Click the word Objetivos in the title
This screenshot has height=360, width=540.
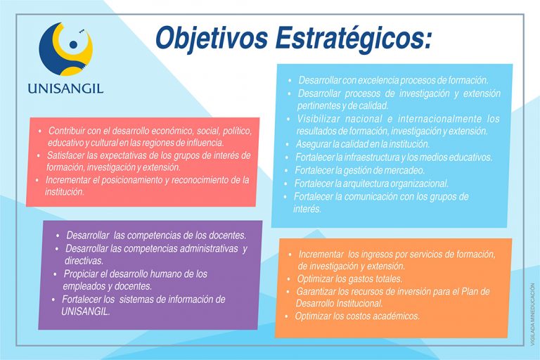[212, 39]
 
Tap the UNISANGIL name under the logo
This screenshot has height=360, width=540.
[65, 89]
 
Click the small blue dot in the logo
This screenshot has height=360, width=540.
[73, 44]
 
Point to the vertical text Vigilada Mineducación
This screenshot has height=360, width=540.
[533, 314]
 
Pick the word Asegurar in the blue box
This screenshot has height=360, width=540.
[311, 144]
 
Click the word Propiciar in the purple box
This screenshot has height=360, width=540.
[81, 274]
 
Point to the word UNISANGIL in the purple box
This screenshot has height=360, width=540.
[85, 311]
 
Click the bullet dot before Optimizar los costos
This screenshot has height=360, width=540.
[287, 316]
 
